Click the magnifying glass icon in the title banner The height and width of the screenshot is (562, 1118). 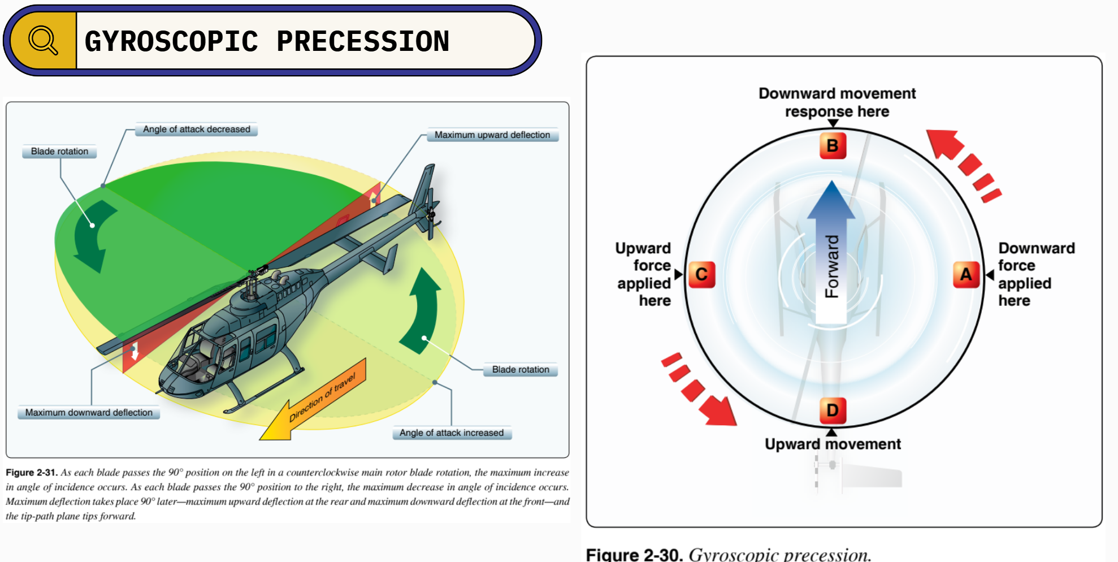(x=43, y=40)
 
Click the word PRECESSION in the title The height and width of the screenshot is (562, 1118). (x=363, y=42)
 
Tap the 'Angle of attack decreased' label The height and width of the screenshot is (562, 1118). (x=196, y=129)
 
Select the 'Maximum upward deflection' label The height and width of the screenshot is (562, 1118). (x=492, y=135)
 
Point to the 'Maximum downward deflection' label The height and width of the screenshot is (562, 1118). (x=89, y=412)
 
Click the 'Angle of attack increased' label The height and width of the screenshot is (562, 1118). (x=451, y=433)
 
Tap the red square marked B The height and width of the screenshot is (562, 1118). (x=833, y=145)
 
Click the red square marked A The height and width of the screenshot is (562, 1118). (x=966, y=275)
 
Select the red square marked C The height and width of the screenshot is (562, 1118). (x=701, y=275)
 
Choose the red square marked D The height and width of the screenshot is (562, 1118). (x=833, y=410)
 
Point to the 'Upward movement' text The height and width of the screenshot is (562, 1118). (x=833, y=444)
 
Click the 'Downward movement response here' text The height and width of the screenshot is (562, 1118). (x=837, y=102)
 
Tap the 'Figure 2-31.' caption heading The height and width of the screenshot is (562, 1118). (x=32, y=473)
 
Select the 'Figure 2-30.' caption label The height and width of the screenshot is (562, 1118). (x=634, y=554)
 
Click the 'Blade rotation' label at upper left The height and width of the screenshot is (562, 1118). (x=59, y=152)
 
